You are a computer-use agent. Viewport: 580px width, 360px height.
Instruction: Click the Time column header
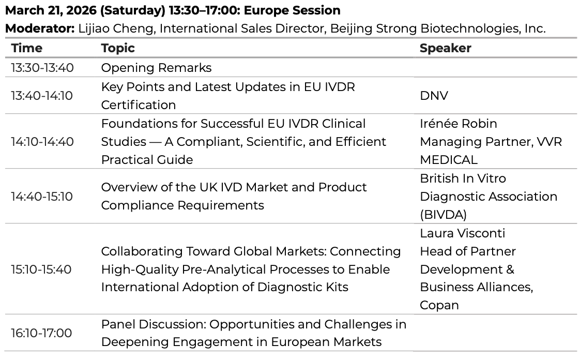[27, 48]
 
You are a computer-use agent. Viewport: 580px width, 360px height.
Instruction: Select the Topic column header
[118, 48]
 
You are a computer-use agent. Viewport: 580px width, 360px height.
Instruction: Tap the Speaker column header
[446, 48]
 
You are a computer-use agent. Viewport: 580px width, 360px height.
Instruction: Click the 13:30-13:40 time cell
[42, 68]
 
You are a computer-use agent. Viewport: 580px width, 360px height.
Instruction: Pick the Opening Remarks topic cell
[156, 68]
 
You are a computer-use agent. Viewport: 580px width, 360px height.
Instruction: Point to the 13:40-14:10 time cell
[42, 96]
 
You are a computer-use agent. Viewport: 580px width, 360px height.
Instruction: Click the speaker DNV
[434, 96]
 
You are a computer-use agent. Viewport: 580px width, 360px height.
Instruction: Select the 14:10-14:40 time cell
[42, 141]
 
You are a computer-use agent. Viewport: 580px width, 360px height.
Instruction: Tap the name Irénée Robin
[459, 123]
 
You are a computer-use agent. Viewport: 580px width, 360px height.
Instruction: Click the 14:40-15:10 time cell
[42, 196]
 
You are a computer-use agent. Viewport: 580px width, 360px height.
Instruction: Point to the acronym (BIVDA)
[443, 215]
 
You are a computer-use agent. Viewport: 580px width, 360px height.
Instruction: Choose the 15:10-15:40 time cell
[41, 269]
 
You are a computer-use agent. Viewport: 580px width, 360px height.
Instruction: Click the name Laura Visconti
[462, 233]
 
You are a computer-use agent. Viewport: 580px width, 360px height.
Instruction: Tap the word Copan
[439, 305]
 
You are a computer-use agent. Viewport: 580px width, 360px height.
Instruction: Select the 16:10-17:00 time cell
[41, 333]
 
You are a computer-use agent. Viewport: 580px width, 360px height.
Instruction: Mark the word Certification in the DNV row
[139, 104]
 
